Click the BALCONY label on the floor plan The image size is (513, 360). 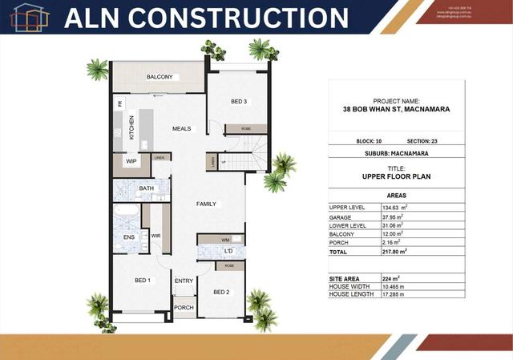(x=160, y=77)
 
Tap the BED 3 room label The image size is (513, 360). (x=239, y=102)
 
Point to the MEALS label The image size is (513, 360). (x=181, y=128)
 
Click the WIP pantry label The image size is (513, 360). (x=131, y=161)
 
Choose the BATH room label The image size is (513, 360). (x=146, y=188)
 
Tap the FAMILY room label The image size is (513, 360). (x=207, y=204)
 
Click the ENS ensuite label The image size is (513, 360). (x=128, y=237)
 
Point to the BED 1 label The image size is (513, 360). (x=142, y=280)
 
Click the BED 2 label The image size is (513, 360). (x=221, y=292)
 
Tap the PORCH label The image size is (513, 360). (x=184, y=307)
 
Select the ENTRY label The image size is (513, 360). (x=184, y=281)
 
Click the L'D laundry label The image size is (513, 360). (x=228, y=252)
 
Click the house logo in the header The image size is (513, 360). (x=26, y=17)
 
